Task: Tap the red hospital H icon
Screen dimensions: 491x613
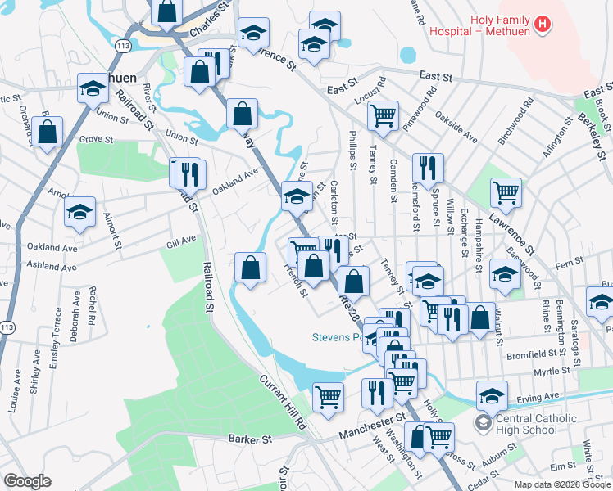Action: pyautogui.click(x=541, y=25)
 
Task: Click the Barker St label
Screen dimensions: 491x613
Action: pyautogui.click(x=250, y=439)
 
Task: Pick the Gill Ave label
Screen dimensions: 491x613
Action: pyautogui.click(x=181, y=240)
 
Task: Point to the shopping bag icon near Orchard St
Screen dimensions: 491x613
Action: pyautogui.click(x=48, y=133)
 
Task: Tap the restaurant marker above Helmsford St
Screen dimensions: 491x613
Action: pyautogui.click(x=428, y=169)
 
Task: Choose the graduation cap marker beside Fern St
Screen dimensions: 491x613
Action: pyautogui.click(x=505, y=275)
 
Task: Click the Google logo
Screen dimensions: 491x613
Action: pyautogui.click(x=27, y=481)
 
